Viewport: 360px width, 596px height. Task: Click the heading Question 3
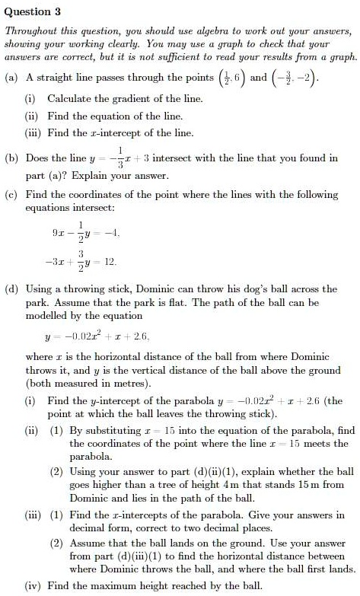tap(33, 12)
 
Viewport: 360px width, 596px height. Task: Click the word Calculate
tap(73, 99)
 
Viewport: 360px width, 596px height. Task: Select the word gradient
tap(134, 99)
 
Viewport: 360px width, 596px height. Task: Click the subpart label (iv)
tap(33, 586)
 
